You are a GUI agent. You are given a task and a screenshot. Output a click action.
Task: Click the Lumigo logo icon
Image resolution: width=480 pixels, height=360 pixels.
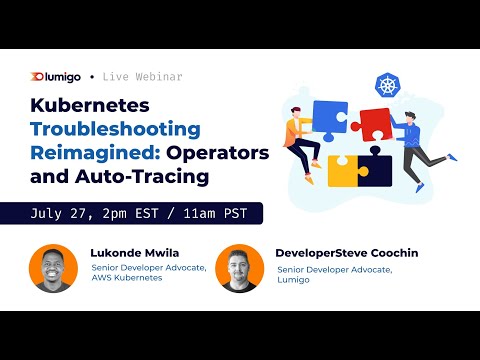tap(39, 76)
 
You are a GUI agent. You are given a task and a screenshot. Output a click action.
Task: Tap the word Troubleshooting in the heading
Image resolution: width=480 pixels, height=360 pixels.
tap(115, 129)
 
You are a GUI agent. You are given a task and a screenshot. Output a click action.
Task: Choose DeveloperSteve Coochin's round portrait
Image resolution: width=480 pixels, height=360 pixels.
tap(239, 268)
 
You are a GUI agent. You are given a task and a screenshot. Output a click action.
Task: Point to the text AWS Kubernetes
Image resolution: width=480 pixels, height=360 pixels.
tap(128, 278)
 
